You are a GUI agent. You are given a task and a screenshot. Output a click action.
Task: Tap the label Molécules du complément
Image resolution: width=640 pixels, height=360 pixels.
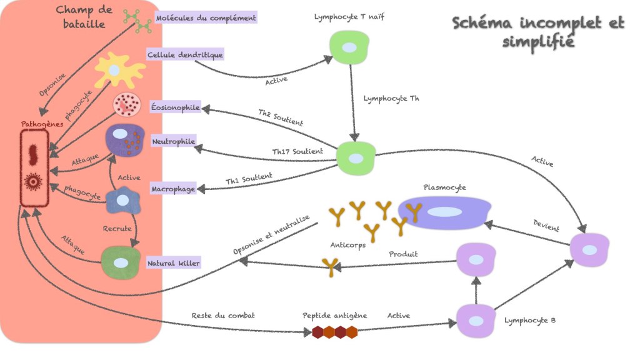[206, 18]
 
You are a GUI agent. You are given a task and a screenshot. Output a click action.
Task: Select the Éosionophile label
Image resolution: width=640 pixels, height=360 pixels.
[176, 108]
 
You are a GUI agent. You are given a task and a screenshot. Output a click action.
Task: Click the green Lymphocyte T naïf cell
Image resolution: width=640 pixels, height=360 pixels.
[349, 47]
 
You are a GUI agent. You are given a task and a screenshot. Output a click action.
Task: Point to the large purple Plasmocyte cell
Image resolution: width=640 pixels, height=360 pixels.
[445, 212]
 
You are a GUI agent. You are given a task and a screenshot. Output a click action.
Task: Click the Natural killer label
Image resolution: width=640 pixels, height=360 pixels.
[174, 264]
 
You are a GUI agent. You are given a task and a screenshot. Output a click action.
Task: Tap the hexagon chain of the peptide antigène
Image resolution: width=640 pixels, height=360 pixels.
[335, 332]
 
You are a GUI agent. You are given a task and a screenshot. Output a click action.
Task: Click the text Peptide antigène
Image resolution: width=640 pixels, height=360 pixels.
[335, 316]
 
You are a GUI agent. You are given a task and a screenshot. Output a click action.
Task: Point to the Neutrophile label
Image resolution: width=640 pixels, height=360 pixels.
[174, 142]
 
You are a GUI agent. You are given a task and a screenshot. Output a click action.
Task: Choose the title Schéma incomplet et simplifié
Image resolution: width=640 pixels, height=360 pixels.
[537, 32]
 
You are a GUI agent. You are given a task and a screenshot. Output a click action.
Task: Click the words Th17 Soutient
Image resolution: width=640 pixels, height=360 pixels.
[297, 151]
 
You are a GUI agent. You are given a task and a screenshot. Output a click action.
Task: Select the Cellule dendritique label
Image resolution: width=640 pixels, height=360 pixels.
[185, 55]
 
